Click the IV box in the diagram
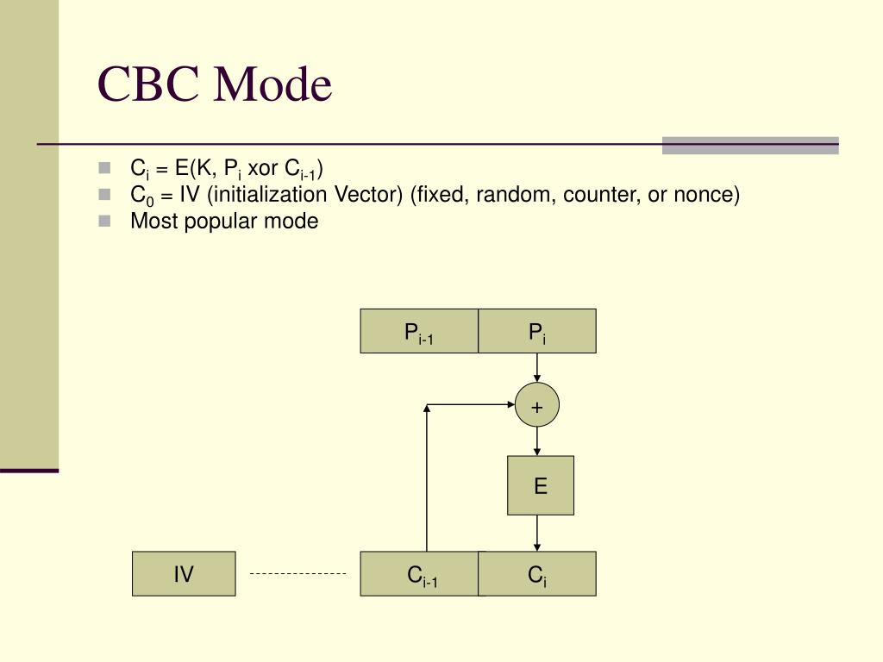pyautogui.click(x=184, y=574)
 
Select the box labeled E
pyautogui.click(x=540, y=485)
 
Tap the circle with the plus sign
pyautogui.click(x=537, y=406)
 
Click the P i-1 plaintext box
pyautogui.click(x=419, y=332)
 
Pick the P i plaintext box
pyautogui.click(x=537, y=332)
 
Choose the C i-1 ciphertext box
pyautogui.click(x=423, y=574)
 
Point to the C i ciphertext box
pyautogui.click(x=537, y=574)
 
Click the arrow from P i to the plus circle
pyautogui.click(x=537, y=368)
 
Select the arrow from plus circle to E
pyautogui.click(x=537, y=441)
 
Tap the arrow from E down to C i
pyautogui.click(x=537, y=533)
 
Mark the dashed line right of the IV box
pyautogui.click(x=297, y=573)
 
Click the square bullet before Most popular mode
pyautogui.click(x=105, y=221)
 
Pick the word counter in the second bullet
pyautogui.click(x=598, y=195)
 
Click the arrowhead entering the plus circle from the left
pyautogui.click(x=510, y=404)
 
